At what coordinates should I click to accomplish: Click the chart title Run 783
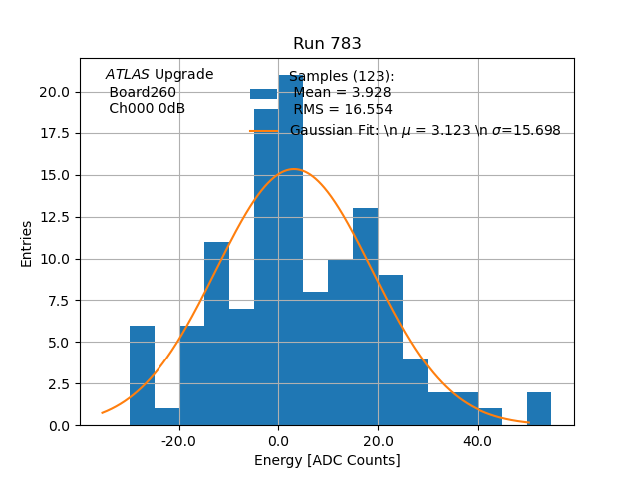[327, 44]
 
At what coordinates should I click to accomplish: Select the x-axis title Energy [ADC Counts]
[327, 460]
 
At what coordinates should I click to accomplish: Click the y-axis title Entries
[27, 243]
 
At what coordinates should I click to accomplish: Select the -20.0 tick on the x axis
[178, 440]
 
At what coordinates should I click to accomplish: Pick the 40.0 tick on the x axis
[478, 440]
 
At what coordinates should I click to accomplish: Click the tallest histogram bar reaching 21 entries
[291, 249]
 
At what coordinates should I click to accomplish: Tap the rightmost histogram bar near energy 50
[539, 409]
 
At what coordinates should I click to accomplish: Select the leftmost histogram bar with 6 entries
[142, 375]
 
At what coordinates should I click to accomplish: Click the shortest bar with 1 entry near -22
[166, 417]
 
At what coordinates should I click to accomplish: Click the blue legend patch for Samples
[263, 93]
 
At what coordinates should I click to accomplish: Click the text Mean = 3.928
[342, 93]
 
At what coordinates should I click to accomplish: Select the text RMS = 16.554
[342, 109]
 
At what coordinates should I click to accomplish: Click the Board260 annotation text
[143, 92]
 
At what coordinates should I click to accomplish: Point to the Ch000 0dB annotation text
[147, 109]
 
